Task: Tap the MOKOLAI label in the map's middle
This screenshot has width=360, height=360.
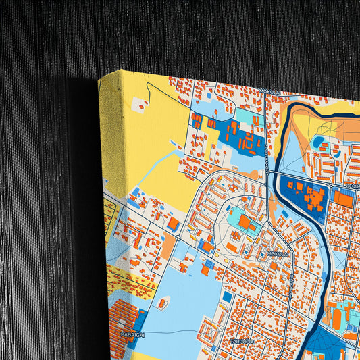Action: [278, 253]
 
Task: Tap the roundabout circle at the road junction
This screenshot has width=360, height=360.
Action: [177, 237]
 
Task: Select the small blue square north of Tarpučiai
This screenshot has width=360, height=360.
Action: [227, 297]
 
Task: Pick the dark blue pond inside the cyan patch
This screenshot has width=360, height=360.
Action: [317, 143]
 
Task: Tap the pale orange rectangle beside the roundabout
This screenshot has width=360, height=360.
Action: [168, 249]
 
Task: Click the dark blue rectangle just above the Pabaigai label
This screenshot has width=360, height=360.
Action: [140, 317]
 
